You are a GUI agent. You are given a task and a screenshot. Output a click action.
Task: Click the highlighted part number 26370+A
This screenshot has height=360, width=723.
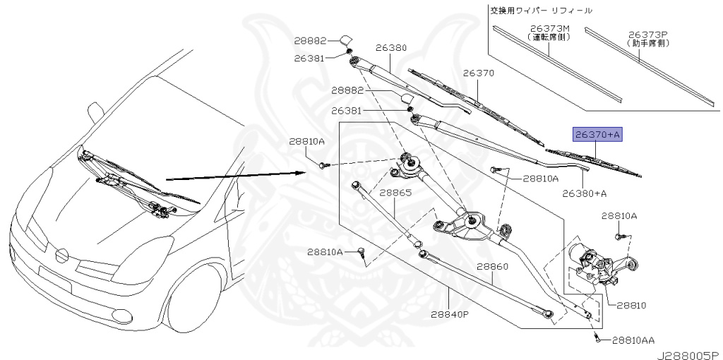(x=597, y=135)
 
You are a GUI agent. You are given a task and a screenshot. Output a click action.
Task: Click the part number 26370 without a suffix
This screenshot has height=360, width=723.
(x=478, y=73)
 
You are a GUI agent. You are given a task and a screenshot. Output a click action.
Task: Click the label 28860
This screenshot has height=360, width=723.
(x=492, y=267)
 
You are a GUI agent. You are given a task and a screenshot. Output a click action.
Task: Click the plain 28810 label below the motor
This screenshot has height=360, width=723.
(x=631, y=305)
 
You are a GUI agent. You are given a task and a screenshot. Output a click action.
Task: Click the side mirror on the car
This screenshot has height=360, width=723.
(x=95, y=112)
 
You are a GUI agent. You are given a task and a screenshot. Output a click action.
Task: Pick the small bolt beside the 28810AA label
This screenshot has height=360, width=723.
(x=599, y=340)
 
